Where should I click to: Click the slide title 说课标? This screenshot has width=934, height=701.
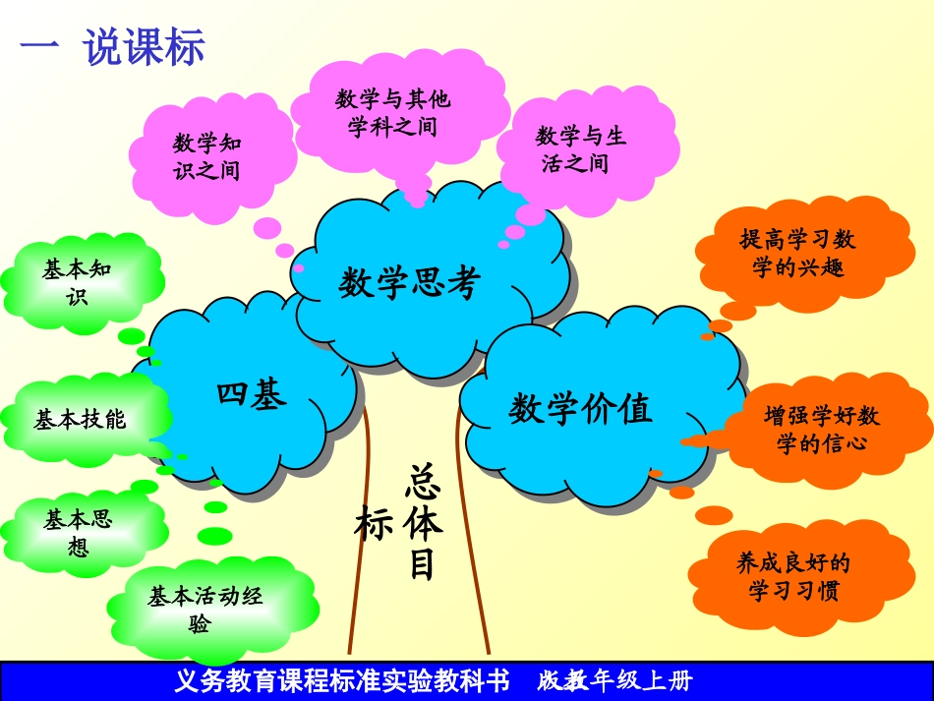point(145,47)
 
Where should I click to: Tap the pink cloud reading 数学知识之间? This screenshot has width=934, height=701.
point(206,156)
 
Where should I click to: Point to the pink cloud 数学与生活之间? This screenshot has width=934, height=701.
point(581,148)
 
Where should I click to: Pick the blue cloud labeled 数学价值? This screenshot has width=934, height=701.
point(581,408)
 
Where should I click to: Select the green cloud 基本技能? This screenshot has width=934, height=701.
point(80,420)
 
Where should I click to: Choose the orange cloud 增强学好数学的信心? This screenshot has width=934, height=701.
point(821,429)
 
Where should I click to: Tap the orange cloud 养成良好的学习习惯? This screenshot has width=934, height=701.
point(792,576)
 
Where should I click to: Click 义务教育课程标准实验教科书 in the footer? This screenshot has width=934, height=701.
point(341,680)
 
